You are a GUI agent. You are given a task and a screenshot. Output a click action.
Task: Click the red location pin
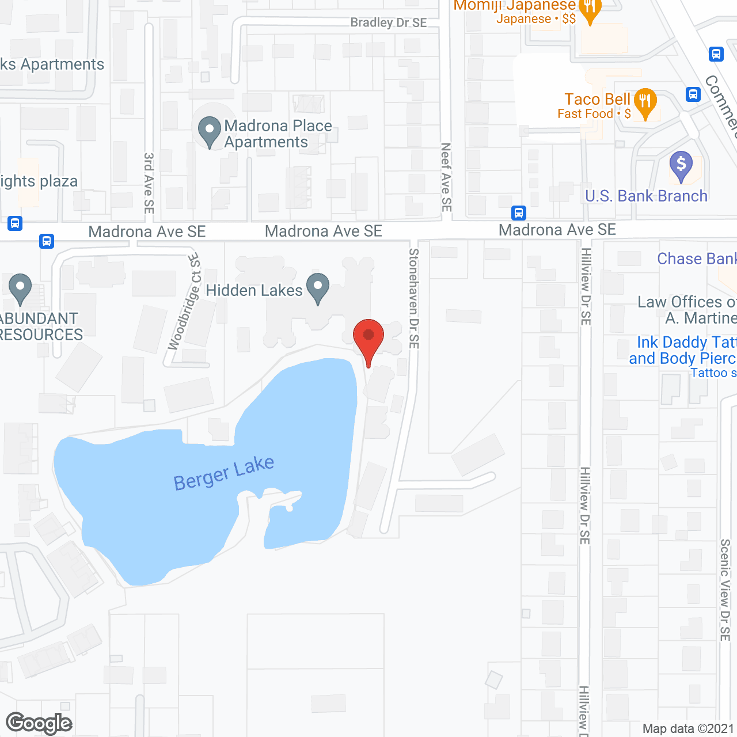coord(368,337)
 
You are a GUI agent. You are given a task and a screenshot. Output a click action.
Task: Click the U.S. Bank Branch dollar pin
coord(681,165)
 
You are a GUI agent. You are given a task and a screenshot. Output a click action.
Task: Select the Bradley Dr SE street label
coord(389,22)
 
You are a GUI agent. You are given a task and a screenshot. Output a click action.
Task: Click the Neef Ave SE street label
coord(446,177)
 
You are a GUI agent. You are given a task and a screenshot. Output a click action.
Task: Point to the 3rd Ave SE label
coord(149,183)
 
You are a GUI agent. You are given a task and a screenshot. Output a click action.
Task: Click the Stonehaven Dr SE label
coord(414,298)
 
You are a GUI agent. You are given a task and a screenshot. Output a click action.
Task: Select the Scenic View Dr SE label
coord(725,590)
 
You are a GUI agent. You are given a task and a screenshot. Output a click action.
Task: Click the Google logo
coord(39,723)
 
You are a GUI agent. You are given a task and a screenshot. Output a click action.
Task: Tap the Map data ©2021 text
coord(688,728)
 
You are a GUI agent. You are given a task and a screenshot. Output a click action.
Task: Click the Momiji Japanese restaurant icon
coord(590,10)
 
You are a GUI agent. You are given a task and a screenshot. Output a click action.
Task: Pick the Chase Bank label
coord(696,259)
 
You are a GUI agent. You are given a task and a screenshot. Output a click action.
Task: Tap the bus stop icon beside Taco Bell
coord(693,94)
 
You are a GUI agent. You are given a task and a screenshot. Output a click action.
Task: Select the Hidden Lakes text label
coord(254,290)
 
